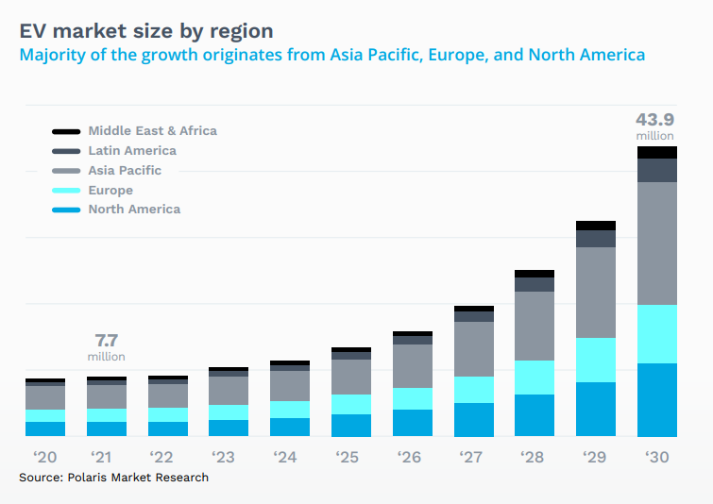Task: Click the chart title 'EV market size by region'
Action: coord(146,30)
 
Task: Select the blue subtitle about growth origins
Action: coord(332,55)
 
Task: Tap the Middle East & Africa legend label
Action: coord(152,131)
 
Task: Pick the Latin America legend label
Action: coord(132,151)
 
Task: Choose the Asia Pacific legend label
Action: coord(125,171)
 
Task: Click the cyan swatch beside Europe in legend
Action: coord(66,191)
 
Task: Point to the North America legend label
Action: coord(134,210)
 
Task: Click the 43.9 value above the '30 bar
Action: coord(655,120)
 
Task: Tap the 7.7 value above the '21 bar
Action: coord(106,340)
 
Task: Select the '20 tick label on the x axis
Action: coord(44,457)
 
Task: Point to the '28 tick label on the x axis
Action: coord(535,457)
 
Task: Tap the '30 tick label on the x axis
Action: coord(657,457)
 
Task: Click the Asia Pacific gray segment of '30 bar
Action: coord(657,243)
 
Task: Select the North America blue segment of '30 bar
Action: coord(657,399)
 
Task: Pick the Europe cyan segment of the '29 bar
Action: coord(596,360)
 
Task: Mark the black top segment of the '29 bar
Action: coord(596,226)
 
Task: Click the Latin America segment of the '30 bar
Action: coord(657,170)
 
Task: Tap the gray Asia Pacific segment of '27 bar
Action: coord(473,349)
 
